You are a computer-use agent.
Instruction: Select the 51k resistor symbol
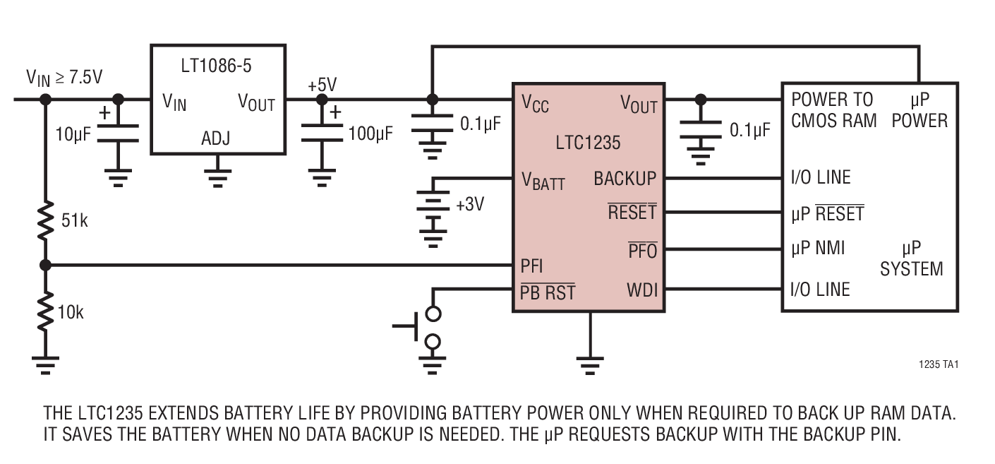coord(46,220)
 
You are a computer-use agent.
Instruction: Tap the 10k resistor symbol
coord(46,311)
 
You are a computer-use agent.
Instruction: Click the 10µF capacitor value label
coord(73,133)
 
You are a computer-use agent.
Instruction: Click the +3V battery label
coord(471,206)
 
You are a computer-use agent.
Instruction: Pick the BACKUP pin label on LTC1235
coord(625,179)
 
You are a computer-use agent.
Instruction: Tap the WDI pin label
coord(641,290)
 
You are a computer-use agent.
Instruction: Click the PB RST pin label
coord(548,291)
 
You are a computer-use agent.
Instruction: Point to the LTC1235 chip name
coord(589,143)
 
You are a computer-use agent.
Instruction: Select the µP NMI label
coord(818,248)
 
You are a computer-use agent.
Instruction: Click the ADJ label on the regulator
coord(217,137)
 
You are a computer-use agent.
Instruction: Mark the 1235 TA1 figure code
coord(939,365)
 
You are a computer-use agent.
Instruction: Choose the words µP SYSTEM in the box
coord(911,258)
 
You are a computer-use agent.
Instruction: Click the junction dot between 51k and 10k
coord(46,266)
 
